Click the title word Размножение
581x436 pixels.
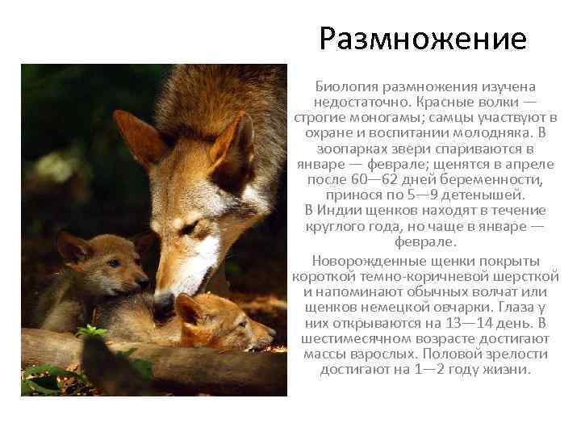tap(422, 39)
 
